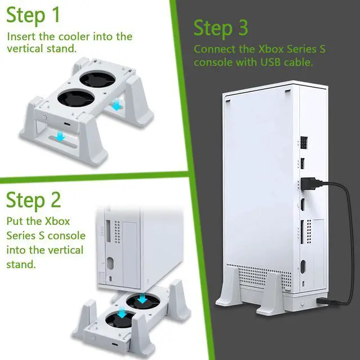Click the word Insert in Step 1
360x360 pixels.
22,37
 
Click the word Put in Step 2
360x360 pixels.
16,219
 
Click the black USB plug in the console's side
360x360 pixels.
309,184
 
